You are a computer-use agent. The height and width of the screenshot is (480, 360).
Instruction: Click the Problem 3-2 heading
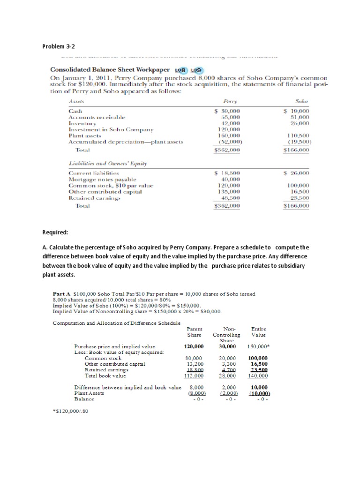click(59, 46)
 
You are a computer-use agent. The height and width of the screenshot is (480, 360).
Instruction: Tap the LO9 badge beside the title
click(196, 69)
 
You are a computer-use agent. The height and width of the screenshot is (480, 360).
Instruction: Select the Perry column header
click(231, 101)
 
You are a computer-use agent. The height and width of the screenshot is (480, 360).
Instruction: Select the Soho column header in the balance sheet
click(301, 101)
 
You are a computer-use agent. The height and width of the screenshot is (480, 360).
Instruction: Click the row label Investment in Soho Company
click(111, 129)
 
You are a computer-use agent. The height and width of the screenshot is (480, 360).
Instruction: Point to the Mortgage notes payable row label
click(102, 179)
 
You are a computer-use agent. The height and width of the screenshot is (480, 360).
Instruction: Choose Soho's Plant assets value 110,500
click(299, 135)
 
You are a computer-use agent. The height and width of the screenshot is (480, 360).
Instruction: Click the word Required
click(55, 232)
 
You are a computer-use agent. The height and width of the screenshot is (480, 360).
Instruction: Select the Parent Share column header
click(194, 332)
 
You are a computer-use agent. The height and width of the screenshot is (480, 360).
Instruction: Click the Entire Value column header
click(258, 332)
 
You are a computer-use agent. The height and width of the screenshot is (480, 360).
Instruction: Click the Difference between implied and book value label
click(127, 387)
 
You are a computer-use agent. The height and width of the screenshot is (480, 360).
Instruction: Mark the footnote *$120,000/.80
click(71, 411)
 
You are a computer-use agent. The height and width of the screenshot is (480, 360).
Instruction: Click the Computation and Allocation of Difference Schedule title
click(116, 323)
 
